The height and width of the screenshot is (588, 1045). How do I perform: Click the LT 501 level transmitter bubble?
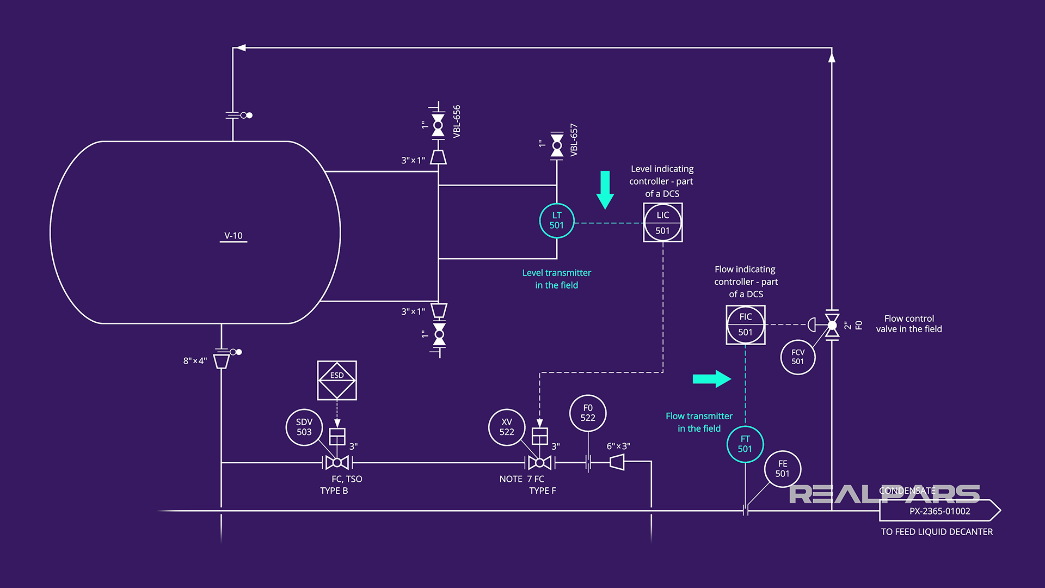coord(556,220)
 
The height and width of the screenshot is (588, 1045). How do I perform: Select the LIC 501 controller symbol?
coord(662,223)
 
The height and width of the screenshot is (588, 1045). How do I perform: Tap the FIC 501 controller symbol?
coord(745,324)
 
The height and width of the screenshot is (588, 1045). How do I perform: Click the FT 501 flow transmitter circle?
coord(745,444)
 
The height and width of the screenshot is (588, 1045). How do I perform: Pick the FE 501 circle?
coord(782,469)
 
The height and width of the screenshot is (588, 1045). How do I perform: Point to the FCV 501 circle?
coord(797,357)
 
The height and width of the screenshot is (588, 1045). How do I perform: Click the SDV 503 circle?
coord(304,427)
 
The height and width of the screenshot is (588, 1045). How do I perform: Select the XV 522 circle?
coord(506,427)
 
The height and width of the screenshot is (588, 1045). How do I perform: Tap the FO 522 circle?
coord(587,413)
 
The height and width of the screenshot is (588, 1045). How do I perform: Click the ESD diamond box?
coord(337,381)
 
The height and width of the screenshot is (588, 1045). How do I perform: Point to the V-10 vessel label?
coord(233,236)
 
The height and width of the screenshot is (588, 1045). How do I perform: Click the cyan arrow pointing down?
coord(605,189)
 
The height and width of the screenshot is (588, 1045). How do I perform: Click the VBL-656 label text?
coord(457,121)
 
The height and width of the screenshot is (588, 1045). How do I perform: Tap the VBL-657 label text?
coord(574,140)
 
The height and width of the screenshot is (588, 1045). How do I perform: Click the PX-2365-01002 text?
coord(939,511)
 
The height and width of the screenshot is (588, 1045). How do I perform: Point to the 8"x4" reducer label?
coord(195,361)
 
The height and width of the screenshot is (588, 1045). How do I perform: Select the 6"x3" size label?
coord(618,446)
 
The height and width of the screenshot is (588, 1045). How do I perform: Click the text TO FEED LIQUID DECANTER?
coord(937,532)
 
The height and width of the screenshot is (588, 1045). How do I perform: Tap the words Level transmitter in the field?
coord(556,279)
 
